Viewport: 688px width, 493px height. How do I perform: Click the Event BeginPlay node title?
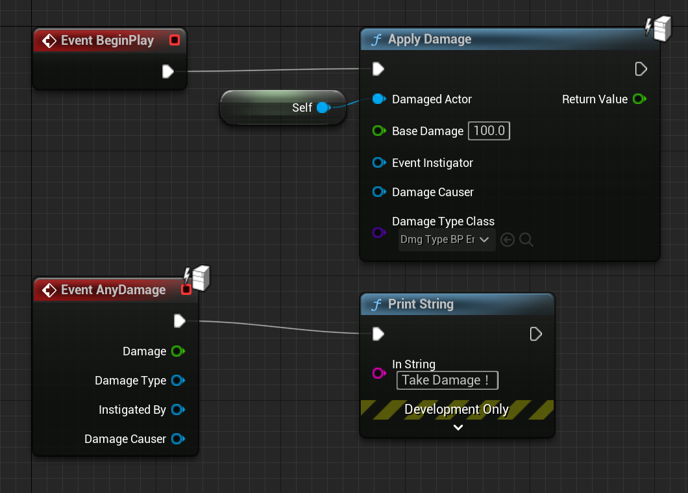(107, 40)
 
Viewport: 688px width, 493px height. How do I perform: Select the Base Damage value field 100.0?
(489, 131)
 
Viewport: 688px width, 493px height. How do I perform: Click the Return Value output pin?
(639, 99)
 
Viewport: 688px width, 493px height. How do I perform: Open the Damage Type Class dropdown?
(447, 240)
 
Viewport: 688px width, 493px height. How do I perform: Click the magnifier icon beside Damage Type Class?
(526, 240)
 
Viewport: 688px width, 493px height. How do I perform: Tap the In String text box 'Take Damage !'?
(447, 380)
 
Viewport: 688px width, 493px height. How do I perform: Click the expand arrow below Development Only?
(458, 427)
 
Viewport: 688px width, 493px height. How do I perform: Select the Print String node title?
(421, 304)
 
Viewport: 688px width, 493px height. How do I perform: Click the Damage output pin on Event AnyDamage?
(178, 351)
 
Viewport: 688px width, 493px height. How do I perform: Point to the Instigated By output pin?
(178, 410)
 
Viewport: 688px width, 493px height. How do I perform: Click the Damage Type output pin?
(178, 381)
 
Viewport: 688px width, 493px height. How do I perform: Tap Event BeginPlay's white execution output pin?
(168, 71)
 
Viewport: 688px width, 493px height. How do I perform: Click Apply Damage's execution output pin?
(641, 69)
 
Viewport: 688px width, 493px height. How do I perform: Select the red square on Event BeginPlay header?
(174, 40)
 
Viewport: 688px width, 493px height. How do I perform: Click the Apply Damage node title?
(430, 40)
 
